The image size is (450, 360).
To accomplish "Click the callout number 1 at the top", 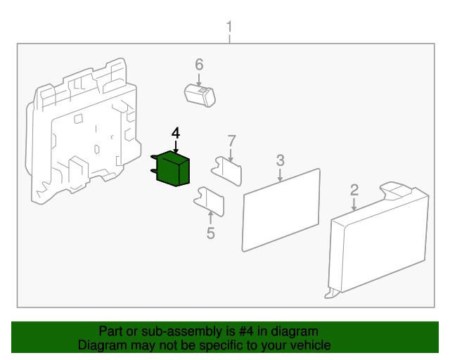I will pos(229,27).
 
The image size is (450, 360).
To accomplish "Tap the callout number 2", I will pos(354,189).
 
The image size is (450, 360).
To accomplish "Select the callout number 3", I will pos(280,160).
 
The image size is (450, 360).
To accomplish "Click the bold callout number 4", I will pos(176,132).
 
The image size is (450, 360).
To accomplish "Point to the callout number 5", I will pos(211,233).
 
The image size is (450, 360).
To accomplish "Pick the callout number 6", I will pos(199,65).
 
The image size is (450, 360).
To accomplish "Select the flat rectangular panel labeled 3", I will pos(281,209).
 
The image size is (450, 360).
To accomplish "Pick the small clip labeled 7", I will pos(228,169).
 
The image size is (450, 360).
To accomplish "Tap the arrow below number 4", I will pos(176,146).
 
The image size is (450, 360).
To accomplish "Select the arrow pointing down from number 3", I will pos(280,174).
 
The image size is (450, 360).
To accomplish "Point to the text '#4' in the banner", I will pos(233,331).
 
